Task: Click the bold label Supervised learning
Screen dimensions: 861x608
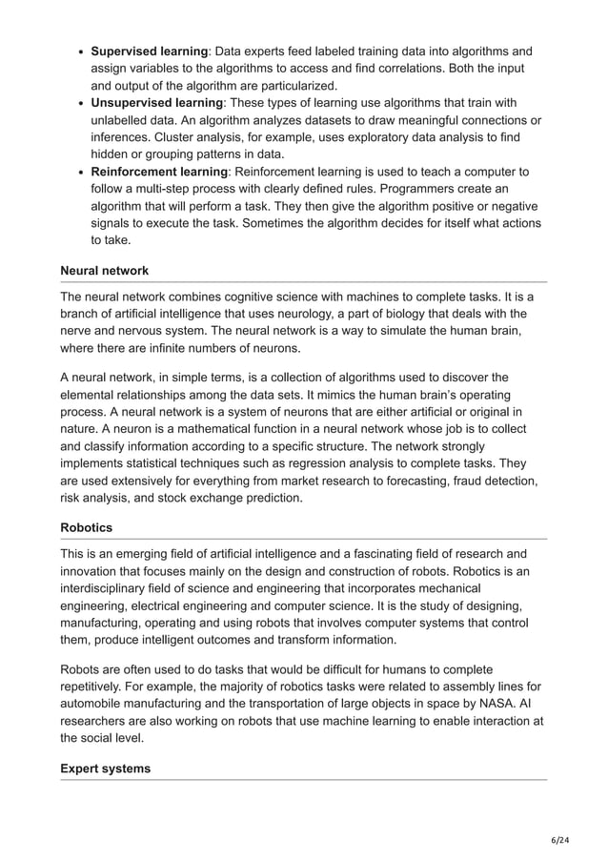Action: (x=150, y=51)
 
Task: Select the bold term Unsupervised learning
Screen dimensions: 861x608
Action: (x=156, y=102)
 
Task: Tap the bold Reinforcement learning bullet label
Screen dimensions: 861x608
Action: (x=158, y=172)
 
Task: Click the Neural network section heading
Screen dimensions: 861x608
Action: (x=104, y=271)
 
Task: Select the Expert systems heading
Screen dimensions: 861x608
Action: (x=105, y=769)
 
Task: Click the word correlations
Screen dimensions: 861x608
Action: (x=408, y=68)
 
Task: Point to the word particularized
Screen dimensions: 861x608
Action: (x=284, y=85)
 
